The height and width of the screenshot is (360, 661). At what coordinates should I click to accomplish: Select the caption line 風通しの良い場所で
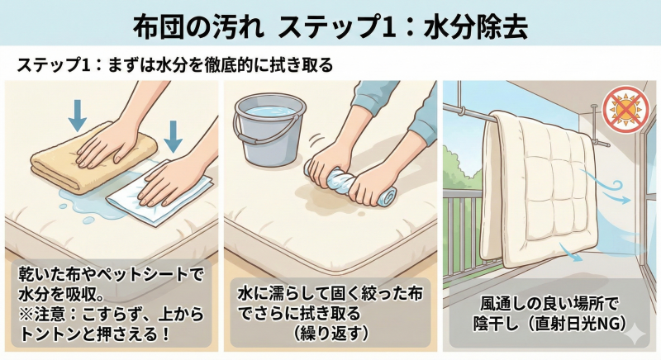(549, 302)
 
